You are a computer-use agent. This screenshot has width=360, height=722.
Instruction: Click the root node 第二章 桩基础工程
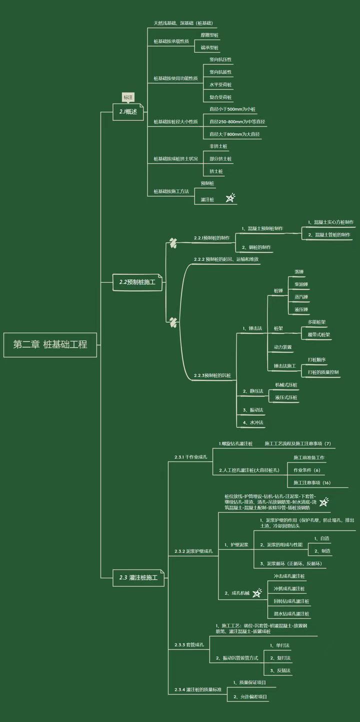coord(50,344)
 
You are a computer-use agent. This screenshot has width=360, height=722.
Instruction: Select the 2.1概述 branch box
coord(128,112)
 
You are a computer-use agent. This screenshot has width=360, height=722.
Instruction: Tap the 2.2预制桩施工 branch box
coord(137,282)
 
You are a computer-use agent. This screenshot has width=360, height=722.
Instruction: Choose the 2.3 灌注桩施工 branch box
coord(138,578)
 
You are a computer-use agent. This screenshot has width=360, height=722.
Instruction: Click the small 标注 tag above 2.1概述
coord(128,97)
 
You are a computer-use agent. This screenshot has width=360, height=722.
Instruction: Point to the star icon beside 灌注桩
coord(230,198)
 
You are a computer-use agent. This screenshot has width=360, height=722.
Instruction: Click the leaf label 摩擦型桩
coord(209,35)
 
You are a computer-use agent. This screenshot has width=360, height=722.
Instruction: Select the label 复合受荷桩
coord(220,97)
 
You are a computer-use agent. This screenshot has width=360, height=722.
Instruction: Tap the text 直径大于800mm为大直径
coord(235,134)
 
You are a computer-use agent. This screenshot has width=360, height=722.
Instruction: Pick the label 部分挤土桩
coord(220,159)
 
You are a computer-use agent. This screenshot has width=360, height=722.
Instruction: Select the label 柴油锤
coord(301,284)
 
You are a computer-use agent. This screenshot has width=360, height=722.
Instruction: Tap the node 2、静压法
coord(253,391)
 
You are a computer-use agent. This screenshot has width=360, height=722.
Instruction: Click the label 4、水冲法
coord(253,423)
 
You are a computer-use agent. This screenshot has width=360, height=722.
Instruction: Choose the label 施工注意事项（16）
coord(312,483)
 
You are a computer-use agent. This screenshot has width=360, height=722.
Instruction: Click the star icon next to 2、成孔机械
coord(257,593)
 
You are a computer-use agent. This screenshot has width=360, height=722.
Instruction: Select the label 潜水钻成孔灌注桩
coord(291,614)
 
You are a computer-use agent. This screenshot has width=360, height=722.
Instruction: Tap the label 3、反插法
coord(280,671)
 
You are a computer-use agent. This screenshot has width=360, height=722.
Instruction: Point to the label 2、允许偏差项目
coord(250,697)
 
